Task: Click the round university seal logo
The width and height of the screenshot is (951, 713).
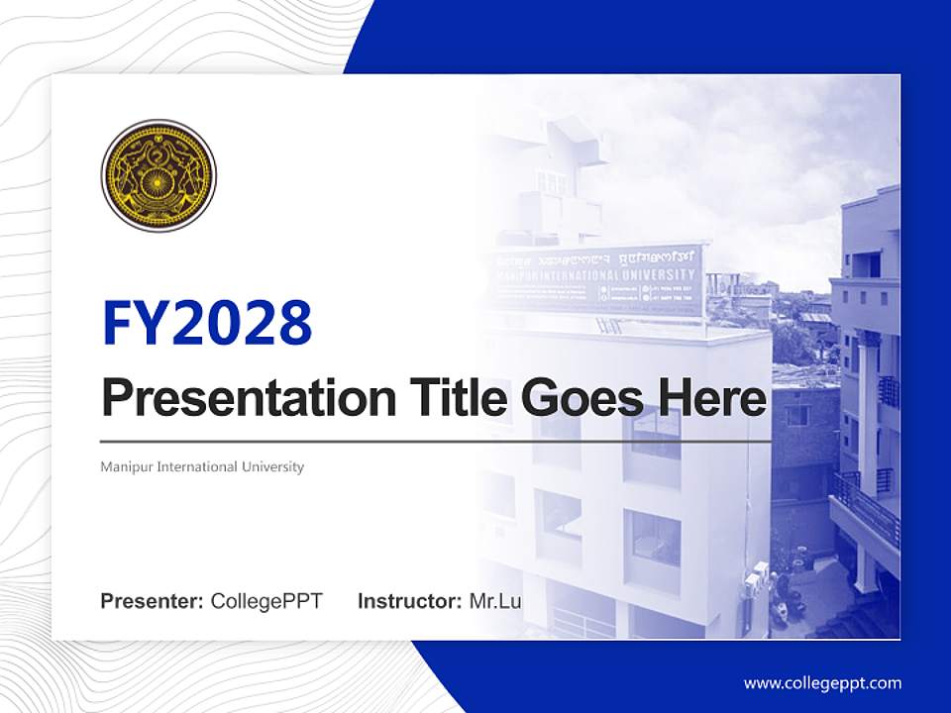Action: (158, 175)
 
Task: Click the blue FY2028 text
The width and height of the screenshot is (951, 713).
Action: (207, 322)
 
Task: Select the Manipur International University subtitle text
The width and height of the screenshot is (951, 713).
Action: (202, 466)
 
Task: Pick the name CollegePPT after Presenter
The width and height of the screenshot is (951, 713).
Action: (266, 601)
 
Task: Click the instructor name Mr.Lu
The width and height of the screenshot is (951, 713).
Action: (494, 601)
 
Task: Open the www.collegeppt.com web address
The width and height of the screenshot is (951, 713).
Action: (822, 683)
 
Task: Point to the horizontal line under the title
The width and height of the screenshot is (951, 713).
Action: (436, 442)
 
